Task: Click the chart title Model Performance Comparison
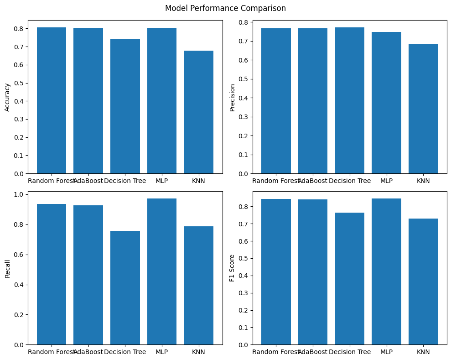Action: [225, 8]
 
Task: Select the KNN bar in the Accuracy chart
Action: [199, 112]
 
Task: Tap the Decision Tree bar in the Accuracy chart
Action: [125, 106]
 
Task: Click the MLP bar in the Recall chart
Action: [162, 271]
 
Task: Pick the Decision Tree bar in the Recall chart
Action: [125, 287]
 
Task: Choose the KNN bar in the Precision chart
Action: [423, 109]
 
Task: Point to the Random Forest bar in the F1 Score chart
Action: [276, 272]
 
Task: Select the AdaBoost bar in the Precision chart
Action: [313, 101]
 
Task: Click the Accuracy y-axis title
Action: [7, 97]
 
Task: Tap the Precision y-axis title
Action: [232, 97]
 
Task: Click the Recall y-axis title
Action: [7, 268]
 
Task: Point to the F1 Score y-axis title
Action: [232, 268]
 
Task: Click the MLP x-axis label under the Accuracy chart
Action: [162, 181]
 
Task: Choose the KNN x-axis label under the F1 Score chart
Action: [423, 352]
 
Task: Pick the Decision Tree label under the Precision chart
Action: [350, 181]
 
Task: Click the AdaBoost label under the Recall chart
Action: [88, 352]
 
